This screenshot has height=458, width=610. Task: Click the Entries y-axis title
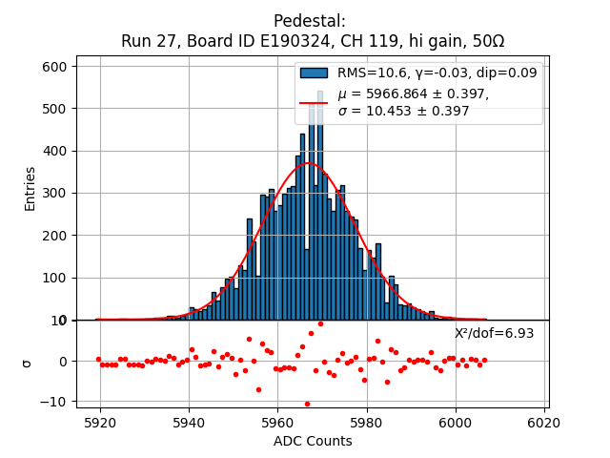pos(30,188)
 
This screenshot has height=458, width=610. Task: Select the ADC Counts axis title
pos(313,441)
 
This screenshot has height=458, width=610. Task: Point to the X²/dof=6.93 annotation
pos(494,333)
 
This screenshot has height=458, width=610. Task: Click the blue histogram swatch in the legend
pos(314,73)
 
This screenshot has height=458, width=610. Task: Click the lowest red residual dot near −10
pos(307,404)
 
